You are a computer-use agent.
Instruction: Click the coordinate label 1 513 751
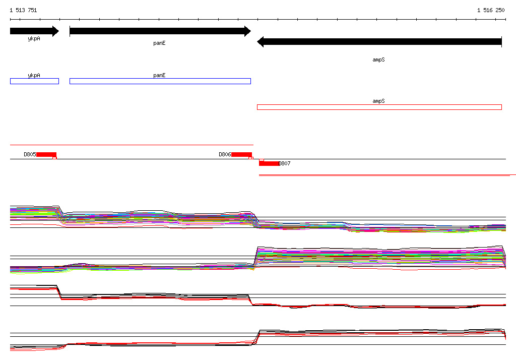coord(23,10)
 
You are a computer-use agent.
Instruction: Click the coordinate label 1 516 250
coord(491,10)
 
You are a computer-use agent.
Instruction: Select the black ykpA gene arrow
coord(34,31)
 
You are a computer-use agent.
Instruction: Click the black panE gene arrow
coord(160,31)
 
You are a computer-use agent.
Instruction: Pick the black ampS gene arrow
coord(379,42)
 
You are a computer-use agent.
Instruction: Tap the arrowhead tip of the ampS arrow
coord(257,42)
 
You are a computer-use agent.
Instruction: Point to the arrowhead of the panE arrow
coord(248,31)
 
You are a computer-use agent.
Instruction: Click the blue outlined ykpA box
coord(35,81)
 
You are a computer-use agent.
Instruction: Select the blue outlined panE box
coord(160,81)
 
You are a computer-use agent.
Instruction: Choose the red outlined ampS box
coord(379,107)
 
